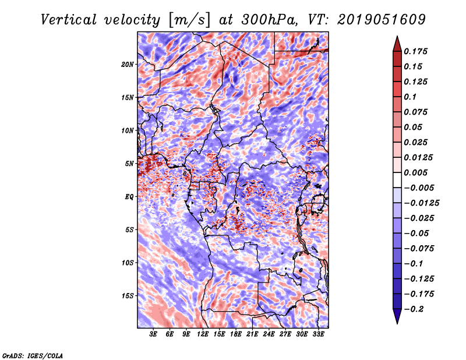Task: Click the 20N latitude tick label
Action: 127,65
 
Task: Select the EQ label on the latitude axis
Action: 129,197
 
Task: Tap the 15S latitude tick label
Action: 127,296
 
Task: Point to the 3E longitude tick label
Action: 153,334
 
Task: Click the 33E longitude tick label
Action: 318,334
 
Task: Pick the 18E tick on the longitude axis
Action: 236,334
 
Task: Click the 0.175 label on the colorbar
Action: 415,51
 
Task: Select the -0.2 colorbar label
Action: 414,309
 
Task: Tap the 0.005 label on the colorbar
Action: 415,172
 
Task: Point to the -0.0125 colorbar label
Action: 421,203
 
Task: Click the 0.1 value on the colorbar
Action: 410,97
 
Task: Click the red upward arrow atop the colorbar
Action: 397,44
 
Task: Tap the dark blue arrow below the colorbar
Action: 397,316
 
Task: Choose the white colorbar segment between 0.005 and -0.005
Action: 397,180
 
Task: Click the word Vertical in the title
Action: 69,20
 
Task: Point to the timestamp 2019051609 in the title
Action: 382,20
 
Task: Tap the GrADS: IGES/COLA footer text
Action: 33,355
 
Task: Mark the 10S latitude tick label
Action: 127,263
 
